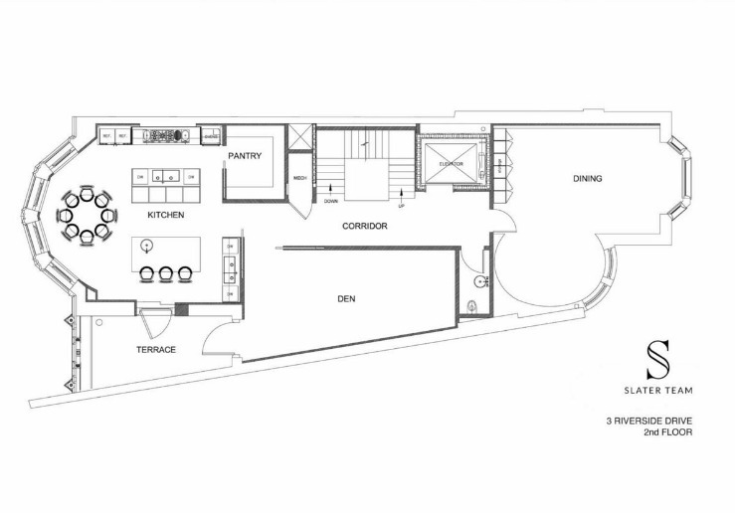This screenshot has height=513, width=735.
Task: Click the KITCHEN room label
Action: (x=165, y=216)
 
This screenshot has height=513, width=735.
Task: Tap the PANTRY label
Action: (x=244, y=156)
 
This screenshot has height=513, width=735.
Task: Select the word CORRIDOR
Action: (x=364, y=226)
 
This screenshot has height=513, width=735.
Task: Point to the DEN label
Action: (x=346, y=298)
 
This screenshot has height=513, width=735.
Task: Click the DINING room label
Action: (x=587, y=179)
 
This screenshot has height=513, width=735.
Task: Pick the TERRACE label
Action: (x=156, y=349)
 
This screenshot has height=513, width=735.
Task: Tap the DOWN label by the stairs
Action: (x=331, y=202)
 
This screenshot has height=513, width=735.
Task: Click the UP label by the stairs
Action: (x=401, y=206)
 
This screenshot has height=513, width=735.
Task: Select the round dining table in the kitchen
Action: (x=88, y=214)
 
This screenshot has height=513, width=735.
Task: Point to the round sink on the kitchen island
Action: (x=148, y=245)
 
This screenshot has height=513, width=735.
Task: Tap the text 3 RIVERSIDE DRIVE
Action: (x=648, y=421)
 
